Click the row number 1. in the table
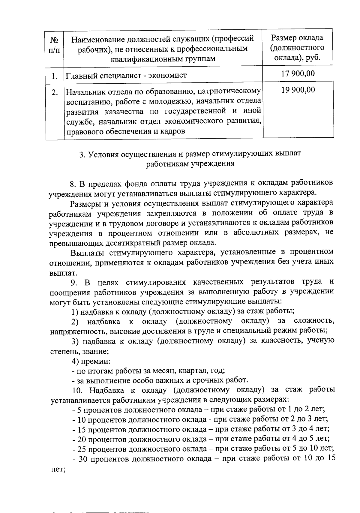(x=54, y=76)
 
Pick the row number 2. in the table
(x=54, y=92)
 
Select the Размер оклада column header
(x=297, y=47)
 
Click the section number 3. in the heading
(x=82, y=154)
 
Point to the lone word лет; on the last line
(x=58, y=469)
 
